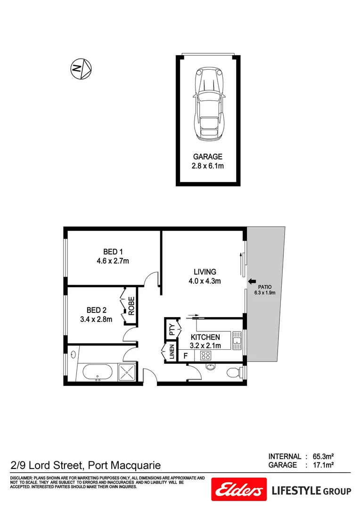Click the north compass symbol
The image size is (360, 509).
81,69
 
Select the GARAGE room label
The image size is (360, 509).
208,157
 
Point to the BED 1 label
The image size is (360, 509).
113,252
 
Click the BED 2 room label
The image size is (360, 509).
96,310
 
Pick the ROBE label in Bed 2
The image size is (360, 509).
131,306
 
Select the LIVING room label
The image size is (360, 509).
205,272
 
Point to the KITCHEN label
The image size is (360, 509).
205,337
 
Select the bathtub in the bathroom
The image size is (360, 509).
98,373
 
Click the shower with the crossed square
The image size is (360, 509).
127,372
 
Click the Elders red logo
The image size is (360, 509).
239,491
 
